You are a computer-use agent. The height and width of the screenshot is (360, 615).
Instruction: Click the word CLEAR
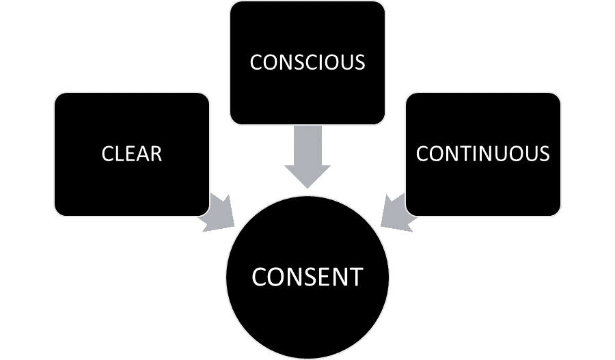[132, 154]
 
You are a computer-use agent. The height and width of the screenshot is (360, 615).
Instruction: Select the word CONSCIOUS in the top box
[307, 62]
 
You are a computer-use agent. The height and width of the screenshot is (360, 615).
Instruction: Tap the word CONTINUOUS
[483, 154]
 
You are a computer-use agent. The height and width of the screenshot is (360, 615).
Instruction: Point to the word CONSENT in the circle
[307, 277]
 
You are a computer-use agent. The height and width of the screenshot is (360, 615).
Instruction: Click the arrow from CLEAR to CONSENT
[217, 211]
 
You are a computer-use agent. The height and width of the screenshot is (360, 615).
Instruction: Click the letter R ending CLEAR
[156, 154]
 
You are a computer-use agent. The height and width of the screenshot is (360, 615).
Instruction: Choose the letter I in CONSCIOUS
[325, 62]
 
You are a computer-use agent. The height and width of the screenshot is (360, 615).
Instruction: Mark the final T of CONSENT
[355, 277]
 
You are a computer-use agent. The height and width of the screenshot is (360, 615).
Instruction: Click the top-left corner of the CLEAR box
[56, 94]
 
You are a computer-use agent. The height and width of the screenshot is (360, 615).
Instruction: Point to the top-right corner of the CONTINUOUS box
[559, 94]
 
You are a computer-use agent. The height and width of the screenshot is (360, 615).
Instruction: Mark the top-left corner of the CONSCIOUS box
[231, 3]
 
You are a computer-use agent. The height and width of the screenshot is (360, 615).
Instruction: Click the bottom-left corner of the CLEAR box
[56, 214]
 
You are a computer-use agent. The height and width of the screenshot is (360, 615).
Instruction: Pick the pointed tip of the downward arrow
[307, 188]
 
